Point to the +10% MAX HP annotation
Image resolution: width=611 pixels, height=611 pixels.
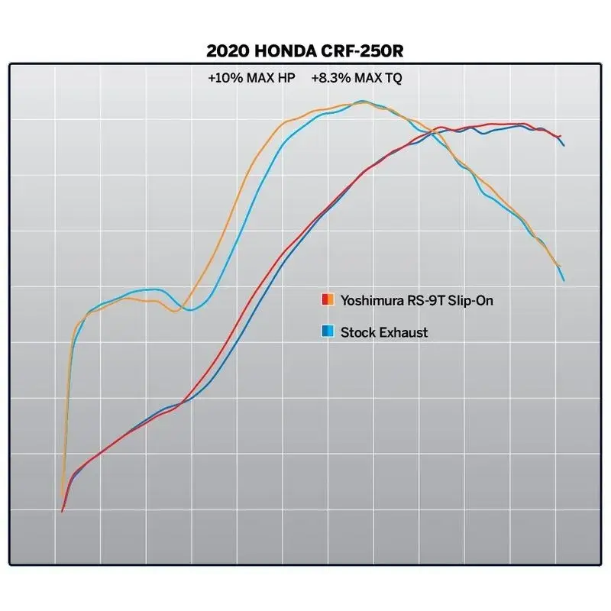point(251,78)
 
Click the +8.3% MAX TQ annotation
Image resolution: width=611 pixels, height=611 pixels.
point(356,78)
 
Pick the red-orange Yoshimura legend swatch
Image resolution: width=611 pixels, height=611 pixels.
point(327,299)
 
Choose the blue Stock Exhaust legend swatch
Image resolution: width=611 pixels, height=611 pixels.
point(327,331)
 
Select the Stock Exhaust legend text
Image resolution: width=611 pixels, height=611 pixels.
point(384,332)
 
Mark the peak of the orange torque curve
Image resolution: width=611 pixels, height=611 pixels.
point(361,102)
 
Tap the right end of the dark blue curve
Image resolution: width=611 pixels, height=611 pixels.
point(564,145)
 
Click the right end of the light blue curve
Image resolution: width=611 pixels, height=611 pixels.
point(564,281)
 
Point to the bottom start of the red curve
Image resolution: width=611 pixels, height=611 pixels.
point(62,511)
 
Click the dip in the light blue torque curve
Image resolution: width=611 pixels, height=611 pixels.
point(192,309)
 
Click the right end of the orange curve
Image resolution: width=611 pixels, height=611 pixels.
point(560,267)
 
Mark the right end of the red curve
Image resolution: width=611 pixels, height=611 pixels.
point(561,137)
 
